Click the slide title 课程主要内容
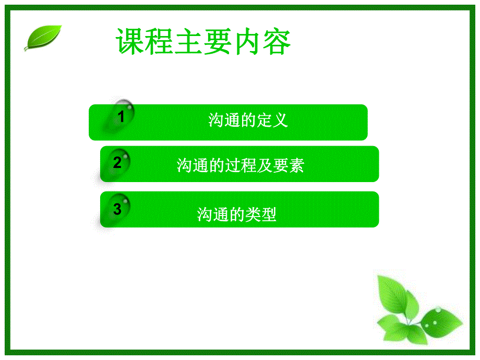[x=203, y=42]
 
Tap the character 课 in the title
[x=130, y=42]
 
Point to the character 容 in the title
[x=277, y=42]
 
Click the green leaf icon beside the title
[x=43, y=38]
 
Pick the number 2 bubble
[x=117, y=162]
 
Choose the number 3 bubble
[x=117, y=209]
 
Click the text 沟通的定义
[x=248, y=121]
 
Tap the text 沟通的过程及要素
[x=240, y=166]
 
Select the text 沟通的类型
[x=237, y=214]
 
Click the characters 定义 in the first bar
[x=275, y=121]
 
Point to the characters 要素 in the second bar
[x=292, y=166]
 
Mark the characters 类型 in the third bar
[x=263, y=214]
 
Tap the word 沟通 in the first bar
[x=222, y=121]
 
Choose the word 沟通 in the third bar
[x=210, y=214]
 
